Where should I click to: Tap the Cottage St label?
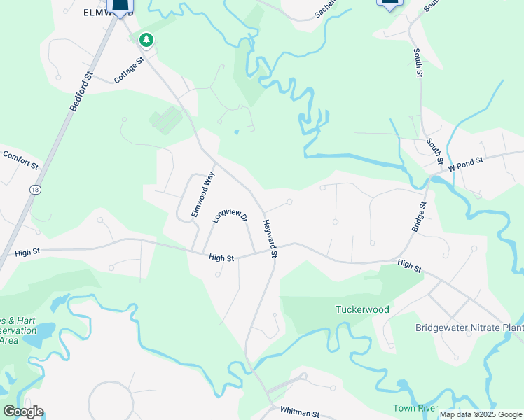129,71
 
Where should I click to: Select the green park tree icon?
146,40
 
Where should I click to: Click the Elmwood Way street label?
204,194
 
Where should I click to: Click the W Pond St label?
466,162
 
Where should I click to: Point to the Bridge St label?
418,218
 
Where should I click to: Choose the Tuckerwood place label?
362,309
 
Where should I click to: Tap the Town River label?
415,408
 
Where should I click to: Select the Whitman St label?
299,412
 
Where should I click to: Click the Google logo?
22,412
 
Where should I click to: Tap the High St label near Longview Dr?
221,258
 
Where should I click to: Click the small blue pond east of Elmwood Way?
236,132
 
